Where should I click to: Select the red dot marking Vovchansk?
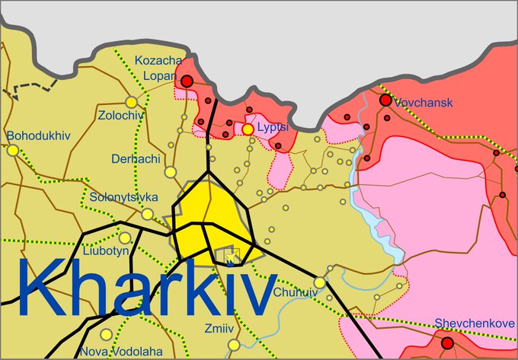(385, 100)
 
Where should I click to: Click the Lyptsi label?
(272, 127)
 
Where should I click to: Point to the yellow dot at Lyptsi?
(248, 129)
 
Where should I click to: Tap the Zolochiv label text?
(121, 116)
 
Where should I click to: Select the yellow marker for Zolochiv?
(131, 101)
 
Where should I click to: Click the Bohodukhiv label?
(38, 136)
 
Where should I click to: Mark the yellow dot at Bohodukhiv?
(12, 151)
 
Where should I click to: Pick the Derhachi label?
(135, 159)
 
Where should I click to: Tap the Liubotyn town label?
(103, 227)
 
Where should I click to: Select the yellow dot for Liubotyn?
(124, 237)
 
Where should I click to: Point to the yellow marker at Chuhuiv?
(320, 282)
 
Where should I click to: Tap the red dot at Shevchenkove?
(447, 343)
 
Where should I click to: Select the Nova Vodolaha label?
(121, 351)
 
